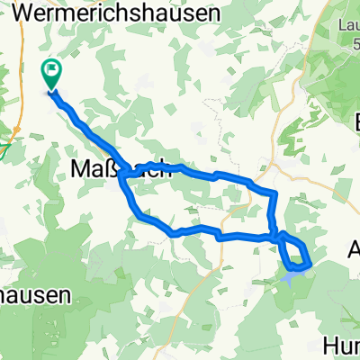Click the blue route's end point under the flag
pyautogui.click(x=51, y=90)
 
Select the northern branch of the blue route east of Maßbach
pyautogui.click(x=216, y=174)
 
